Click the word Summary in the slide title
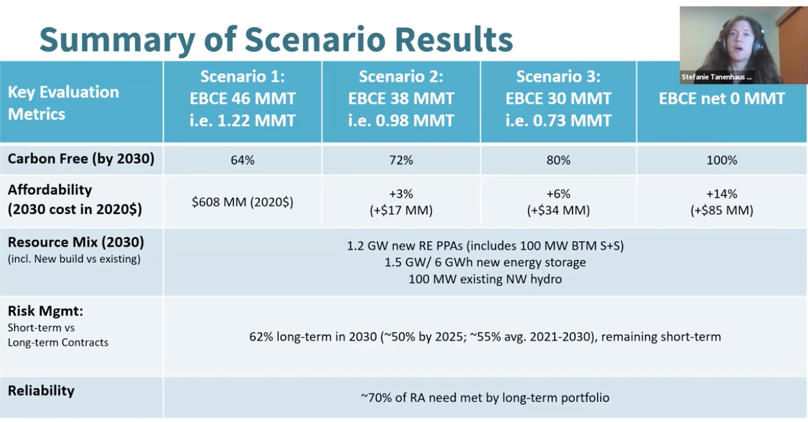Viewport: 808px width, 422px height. point(117,40)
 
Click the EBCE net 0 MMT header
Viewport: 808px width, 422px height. point(722,98)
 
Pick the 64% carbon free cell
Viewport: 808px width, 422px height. point(242,160)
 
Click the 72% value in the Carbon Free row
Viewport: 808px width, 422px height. point(401,160)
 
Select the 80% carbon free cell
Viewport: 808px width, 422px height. point(559,160)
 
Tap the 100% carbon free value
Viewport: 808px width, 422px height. point(722,160)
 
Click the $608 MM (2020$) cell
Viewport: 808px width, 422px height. point(242,202)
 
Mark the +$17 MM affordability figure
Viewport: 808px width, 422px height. point(401,210)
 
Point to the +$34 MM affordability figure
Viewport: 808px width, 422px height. point(559,210)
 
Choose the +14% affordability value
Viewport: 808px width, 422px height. point(722,194)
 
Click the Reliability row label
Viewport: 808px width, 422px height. point(41,390)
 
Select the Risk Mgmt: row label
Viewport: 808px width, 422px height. point(45,311)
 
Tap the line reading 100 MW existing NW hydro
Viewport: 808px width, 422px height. point(485,279)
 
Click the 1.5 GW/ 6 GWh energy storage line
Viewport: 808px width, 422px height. point(485,262)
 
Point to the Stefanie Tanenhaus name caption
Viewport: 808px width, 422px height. point(716,77)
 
